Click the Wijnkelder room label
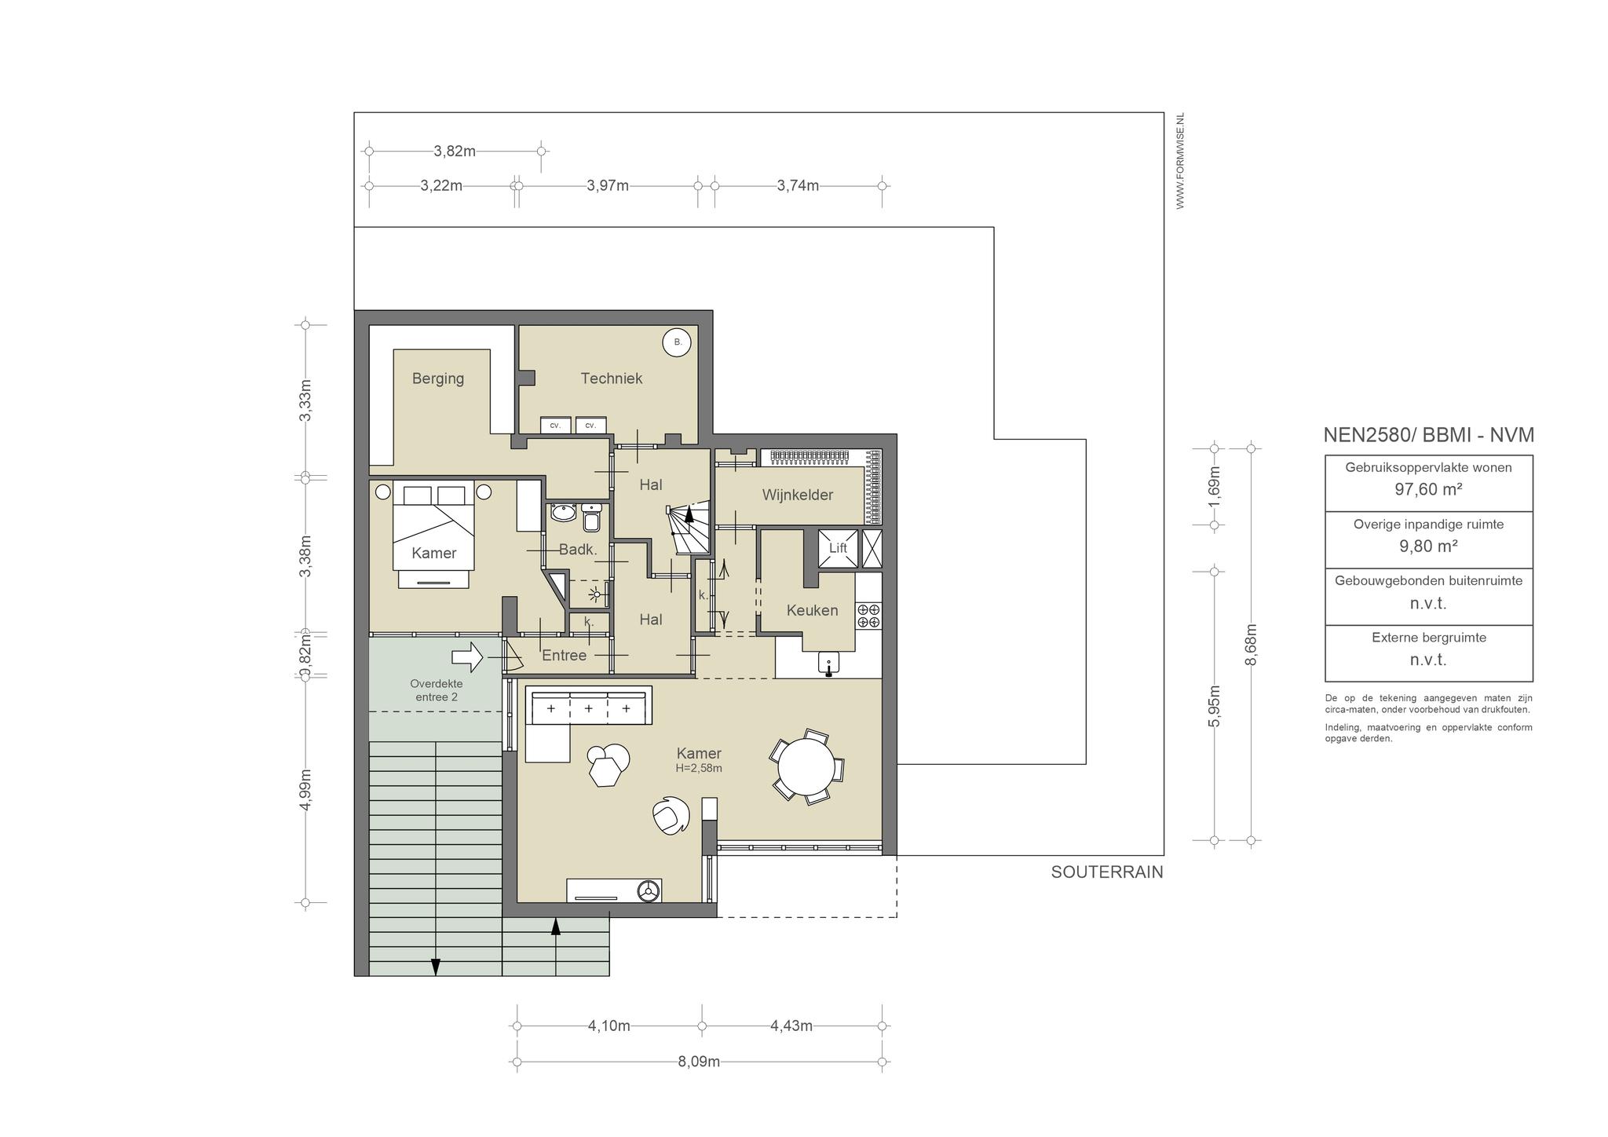(797, 495)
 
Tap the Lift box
(838, 548)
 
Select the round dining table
(806, 766)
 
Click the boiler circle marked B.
(678, 342)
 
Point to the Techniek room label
(612, 378)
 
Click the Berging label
(438, 378)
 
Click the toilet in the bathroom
(592, 517)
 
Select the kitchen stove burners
(868, 616)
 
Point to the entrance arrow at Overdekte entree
(468, 657)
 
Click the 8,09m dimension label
(699, 1062)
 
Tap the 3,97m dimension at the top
(608, 186)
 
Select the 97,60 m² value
(1428, 489)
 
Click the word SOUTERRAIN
(1107, 872)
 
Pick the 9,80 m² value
(1428, 546)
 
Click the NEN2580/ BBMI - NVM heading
(1428, 435)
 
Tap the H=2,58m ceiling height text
(699, 769)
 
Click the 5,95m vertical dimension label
(1215, 706)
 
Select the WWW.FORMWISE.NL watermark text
(1180, 161)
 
